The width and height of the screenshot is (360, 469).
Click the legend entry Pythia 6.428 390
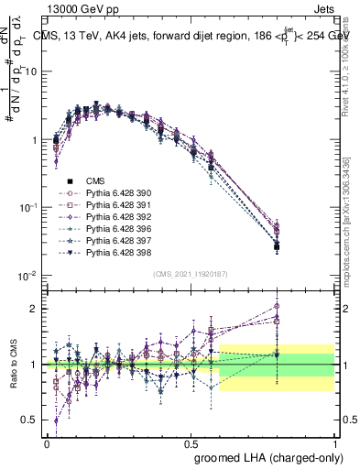point(115,193)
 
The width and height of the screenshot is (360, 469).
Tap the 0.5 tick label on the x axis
point(191,442)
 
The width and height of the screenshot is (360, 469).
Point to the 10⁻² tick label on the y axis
point(30,276)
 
